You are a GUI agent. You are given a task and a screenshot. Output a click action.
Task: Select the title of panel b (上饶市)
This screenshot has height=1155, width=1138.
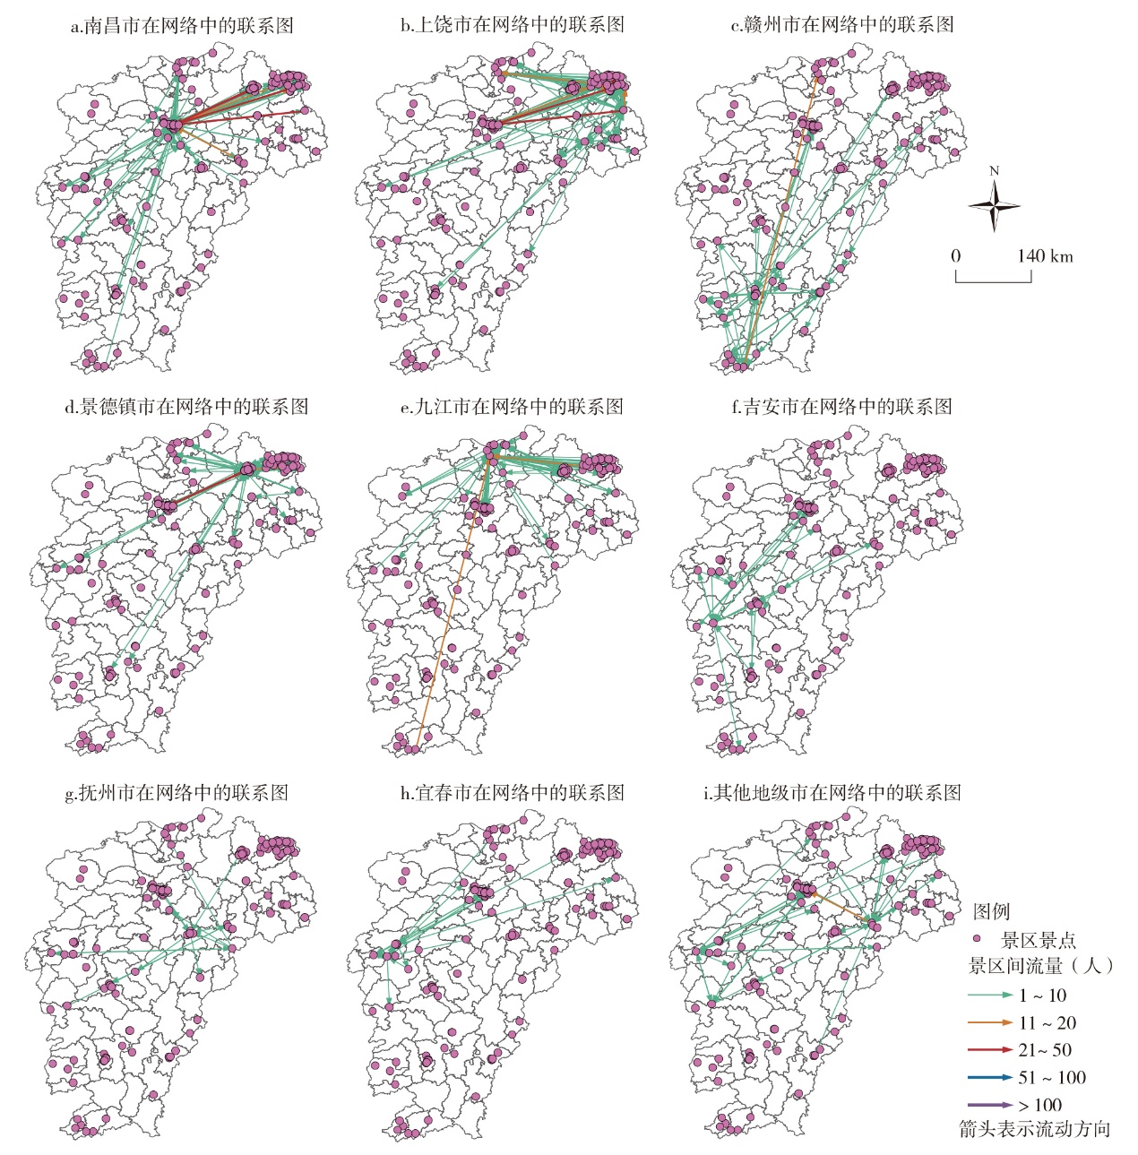tap(512, 25)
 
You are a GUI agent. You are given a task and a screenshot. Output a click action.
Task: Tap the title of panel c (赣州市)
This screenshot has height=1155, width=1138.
tap(842, 25)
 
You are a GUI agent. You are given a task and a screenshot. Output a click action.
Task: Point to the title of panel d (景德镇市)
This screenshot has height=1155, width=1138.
tap(186, 407)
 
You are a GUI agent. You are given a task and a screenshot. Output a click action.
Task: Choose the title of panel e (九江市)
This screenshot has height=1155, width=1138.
tap(512, 407)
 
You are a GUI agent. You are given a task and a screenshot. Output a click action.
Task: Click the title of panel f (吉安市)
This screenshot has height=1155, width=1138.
tap(841, 407)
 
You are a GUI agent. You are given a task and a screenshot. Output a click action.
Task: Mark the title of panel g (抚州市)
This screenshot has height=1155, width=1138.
tap(177, 793)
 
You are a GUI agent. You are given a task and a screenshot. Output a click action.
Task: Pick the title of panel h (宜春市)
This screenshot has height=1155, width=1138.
tap(512, 793)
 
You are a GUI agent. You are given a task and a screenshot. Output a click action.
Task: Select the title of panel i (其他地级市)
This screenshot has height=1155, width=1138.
tap(832, 793)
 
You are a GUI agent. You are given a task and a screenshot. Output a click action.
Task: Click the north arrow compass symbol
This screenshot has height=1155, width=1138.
tap(994, 205)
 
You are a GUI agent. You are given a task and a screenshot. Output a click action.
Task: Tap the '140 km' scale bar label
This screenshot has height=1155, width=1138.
tap(1044, 256)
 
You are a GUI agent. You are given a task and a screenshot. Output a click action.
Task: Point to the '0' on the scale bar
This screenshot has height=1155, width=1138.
tap(956, 256)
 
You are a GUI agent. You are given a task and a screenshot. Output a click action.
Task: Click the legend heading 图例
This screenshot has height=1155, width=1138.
tap(991, 911)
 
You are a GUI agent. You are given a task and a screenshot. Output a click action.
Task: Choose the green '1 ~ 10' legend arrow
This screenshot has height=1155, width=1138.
tap(990, 996)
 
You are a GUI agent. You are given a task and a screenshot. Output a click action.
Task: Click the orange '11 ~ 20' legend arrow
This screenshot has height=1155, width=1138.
tap(990, 1022)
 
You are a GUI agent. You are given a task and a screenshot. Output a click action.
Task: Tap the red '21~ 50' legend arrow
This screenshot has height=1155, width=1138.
tap(990, 1050)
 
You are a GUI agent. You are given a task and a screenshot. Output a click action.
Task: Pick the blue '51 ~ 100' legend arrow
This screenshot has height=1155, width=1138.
tap(990, 1078)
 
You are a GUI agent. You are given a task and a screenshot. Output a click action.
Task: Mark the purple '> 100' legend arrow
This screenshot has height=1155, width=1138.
tap(990, 1105)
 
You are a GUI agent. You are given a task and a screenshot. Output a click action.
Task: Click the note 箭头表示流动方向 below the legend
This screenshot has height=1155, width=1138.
tap(1034, 1129)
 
